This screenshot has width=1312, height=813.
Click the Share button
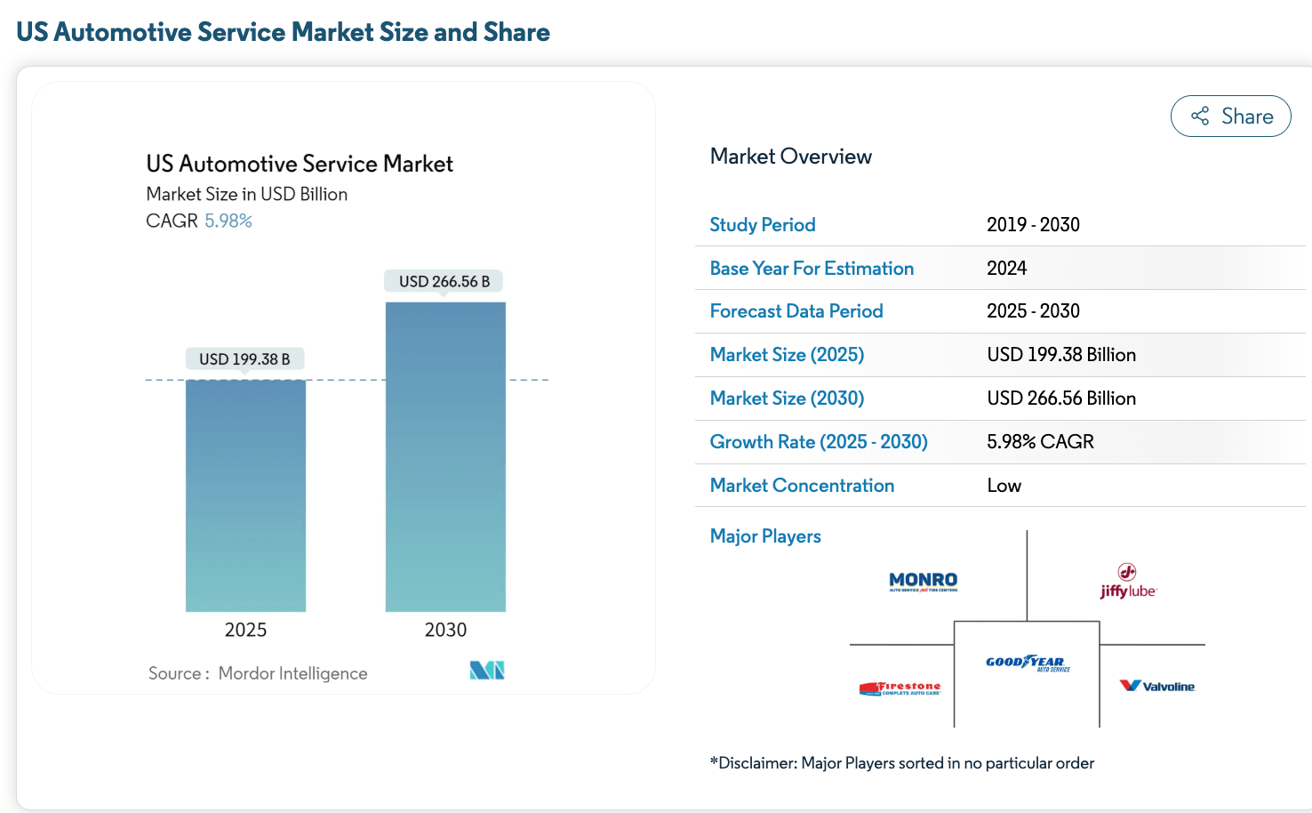click(1230, 117)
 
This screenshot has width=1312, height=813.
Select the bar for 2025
click(245, 495)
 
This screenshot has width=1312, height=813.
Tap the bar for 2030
click(445, 456)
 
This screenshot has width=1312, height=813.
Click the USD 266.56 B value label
click(444, 281)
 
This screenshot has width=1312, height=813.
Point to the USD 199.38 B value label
click(244, 359)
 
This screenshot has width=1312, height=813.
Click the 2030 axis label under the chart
click(445, 630)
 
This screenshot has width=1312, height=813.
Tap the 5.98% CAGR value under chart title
click(228, 221)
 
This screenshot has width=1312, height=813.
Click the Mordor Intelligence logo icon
click(487, 671)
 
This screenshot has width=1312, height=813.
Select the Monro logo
click(923, 582)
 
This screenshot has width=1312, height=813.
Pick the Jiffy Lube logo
click(1127, 581)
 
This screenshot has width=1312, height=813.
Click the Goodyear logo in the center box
click(1027, 663)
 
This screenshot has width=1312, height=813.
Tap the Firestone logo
click(900, 688)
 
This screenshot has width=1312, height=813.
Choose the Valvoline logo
click(1157, 686)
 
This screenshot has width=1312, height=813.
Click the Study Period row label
click(763, 225)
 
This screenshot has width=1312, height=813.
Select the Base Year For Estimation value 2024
click(1006, 269)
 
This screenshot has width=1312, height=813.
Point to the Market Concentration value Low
click(1004, 486)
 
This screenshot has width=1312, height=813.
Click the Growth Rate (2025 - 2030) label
click(819, 442)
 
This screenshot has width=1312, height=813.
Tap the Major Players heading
click(765, 536)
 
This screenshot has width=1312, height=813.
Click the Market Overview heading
click(790, 157)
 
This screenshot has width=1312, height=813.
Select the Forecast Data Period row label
click(796, 311)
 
